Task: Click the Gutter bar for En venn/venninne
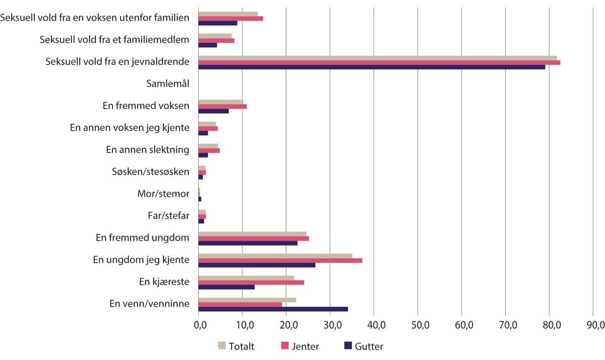pyautogui.click(x=273, y=309)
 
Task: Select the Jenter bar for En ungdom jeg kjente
pyautogui.click(x=280, y=260)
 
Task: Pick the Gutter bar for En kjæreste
pyautogui.click(x=226, y=287)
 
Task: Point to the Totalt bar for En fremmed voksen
pyautogui.click(x=221, y=102)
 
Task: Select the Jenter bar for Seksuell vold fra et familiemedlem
pyautogui.click(x=216, y=40)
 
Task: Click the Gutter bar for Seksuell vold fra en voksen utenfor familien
pyautogui.click(x=218, y=23)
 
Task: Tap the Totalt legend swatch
pyautogui.click(x=222, y=346)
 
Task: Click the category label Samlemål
pyautogui.click(x=168, y=84)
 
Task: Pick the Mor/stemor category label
pyautogui.click(x=163, y=194)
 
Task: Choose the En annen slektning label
pyautogui.click(x=148, y=150)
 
